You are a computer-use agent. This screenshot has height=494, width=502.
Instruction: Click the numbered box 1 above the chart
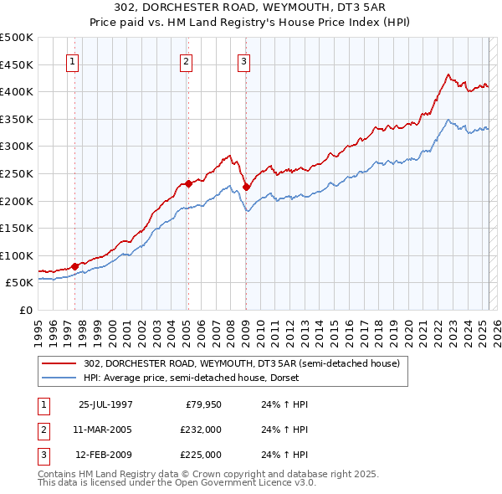(x=72, y=60)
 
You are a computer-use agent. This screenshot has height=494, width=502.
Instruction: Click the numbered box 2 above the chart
(x=185, y=60)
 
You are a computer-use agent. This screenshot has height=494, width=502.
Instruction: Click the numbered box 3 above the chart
(x=243, y=60)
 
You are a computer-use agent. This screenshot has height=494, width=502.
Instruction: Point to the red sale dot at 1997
(x=75, y=266)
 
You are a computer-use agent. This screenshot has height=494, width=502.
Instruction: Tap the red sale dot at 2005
(x=188, y=183)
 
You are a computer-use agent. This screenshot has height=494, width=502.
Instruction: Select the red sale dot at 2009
(x=246, y=188)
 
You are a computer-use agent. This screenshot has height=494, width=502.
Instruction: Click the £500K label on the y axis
(x=17, y=38)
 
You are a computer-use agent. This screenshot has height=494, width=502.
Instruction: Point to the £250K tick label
(x=17, y=174)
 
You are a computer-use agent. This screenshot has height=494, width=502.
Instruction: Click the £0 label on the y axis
(x=27, y=311)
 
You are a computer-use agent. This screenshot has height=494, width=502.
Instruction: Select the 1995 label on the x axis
(x=38, y=327)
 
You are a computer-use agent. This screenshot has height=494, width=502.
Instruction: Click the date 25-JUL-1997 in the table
(x=105, y=404)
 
